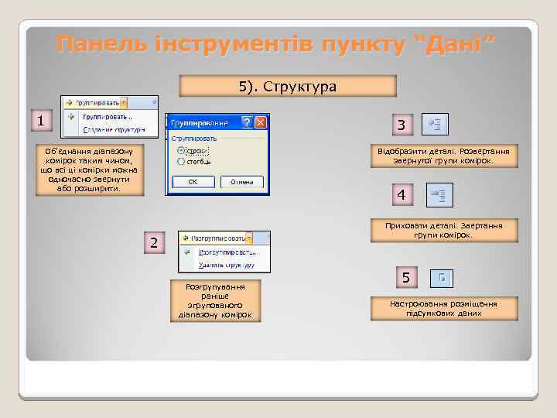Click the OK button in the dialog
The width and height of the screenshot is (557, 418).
click(x=193, y=182)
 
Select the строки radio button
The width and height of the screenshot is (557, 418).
click(x=181, y=150)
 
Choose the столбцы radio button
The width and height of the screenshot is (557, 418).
click(x=181, y=161)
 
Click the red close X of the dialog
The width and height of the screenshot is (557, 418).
click(x=261, y=122)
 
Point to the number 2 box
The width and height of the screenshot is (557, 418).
click(x=154, y=243)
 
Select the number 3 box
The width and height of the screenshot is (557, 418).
click(x=401, y=125)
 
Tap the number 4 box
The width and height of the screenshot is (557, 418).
click(x=401, y=195)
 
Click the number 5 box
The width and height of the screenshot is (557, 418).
click(x=407, y=277)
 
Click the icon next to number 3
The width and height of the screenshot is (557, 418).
click(x=435, y=123)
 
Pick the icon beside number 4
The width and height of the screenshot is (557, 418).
click(x=440, y=195)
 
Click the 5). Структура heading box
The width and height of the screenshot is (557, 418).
click(x=287, y=86)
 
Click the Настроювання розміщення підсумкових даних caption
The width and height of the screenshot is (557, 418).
click(x=443, y=308)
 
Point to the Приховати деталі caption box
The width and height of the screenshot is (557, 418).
click(x=443, y=230)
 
